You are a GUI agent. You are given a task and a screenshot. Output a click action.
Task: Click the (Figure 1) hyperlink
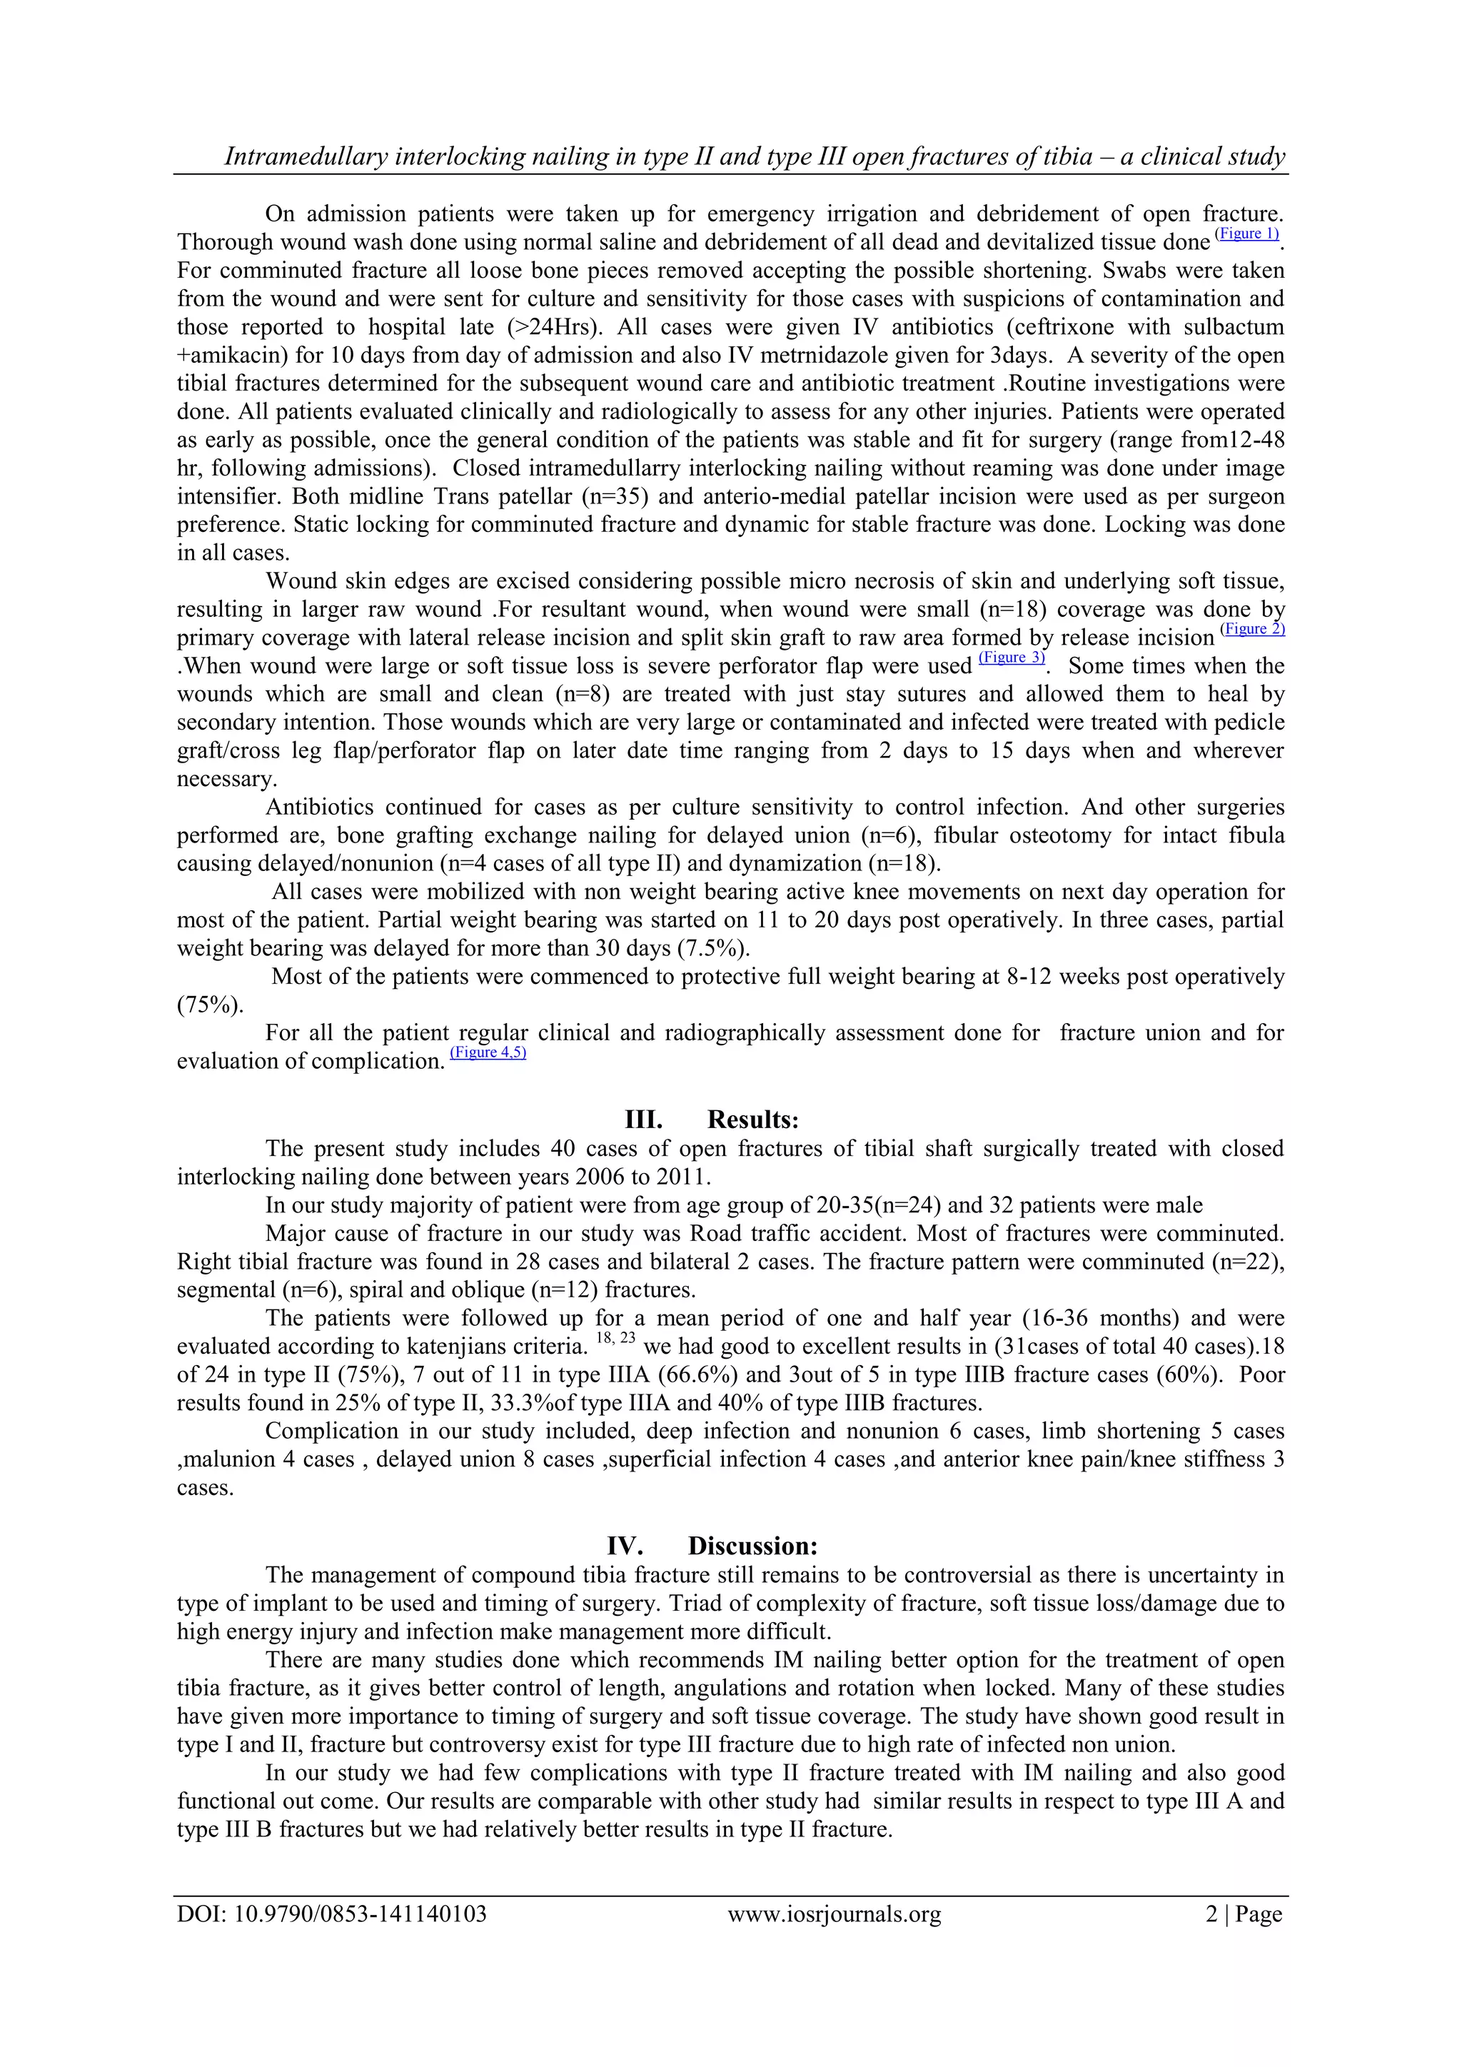tap(1247, 234)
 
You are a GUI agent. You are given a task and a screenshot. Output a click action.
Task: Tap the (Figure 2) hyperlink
tap(1252, 629)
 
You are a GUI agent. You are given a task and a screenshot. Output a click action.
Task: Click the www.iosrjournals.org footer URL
tap(834, 1913)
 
